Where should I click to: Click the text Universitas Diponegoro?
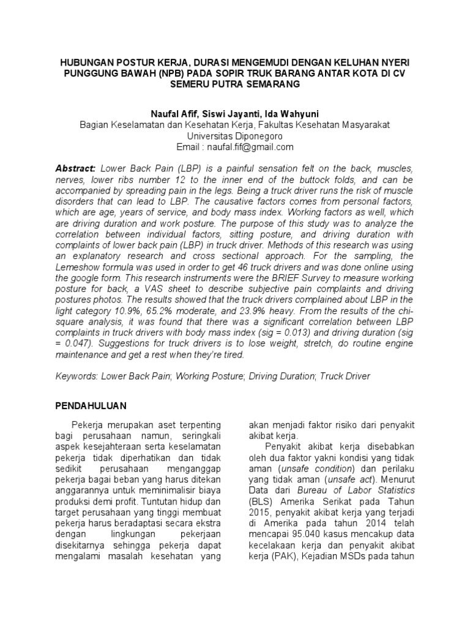(235, 136)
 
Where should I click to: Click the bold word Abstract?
(75, 168)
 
